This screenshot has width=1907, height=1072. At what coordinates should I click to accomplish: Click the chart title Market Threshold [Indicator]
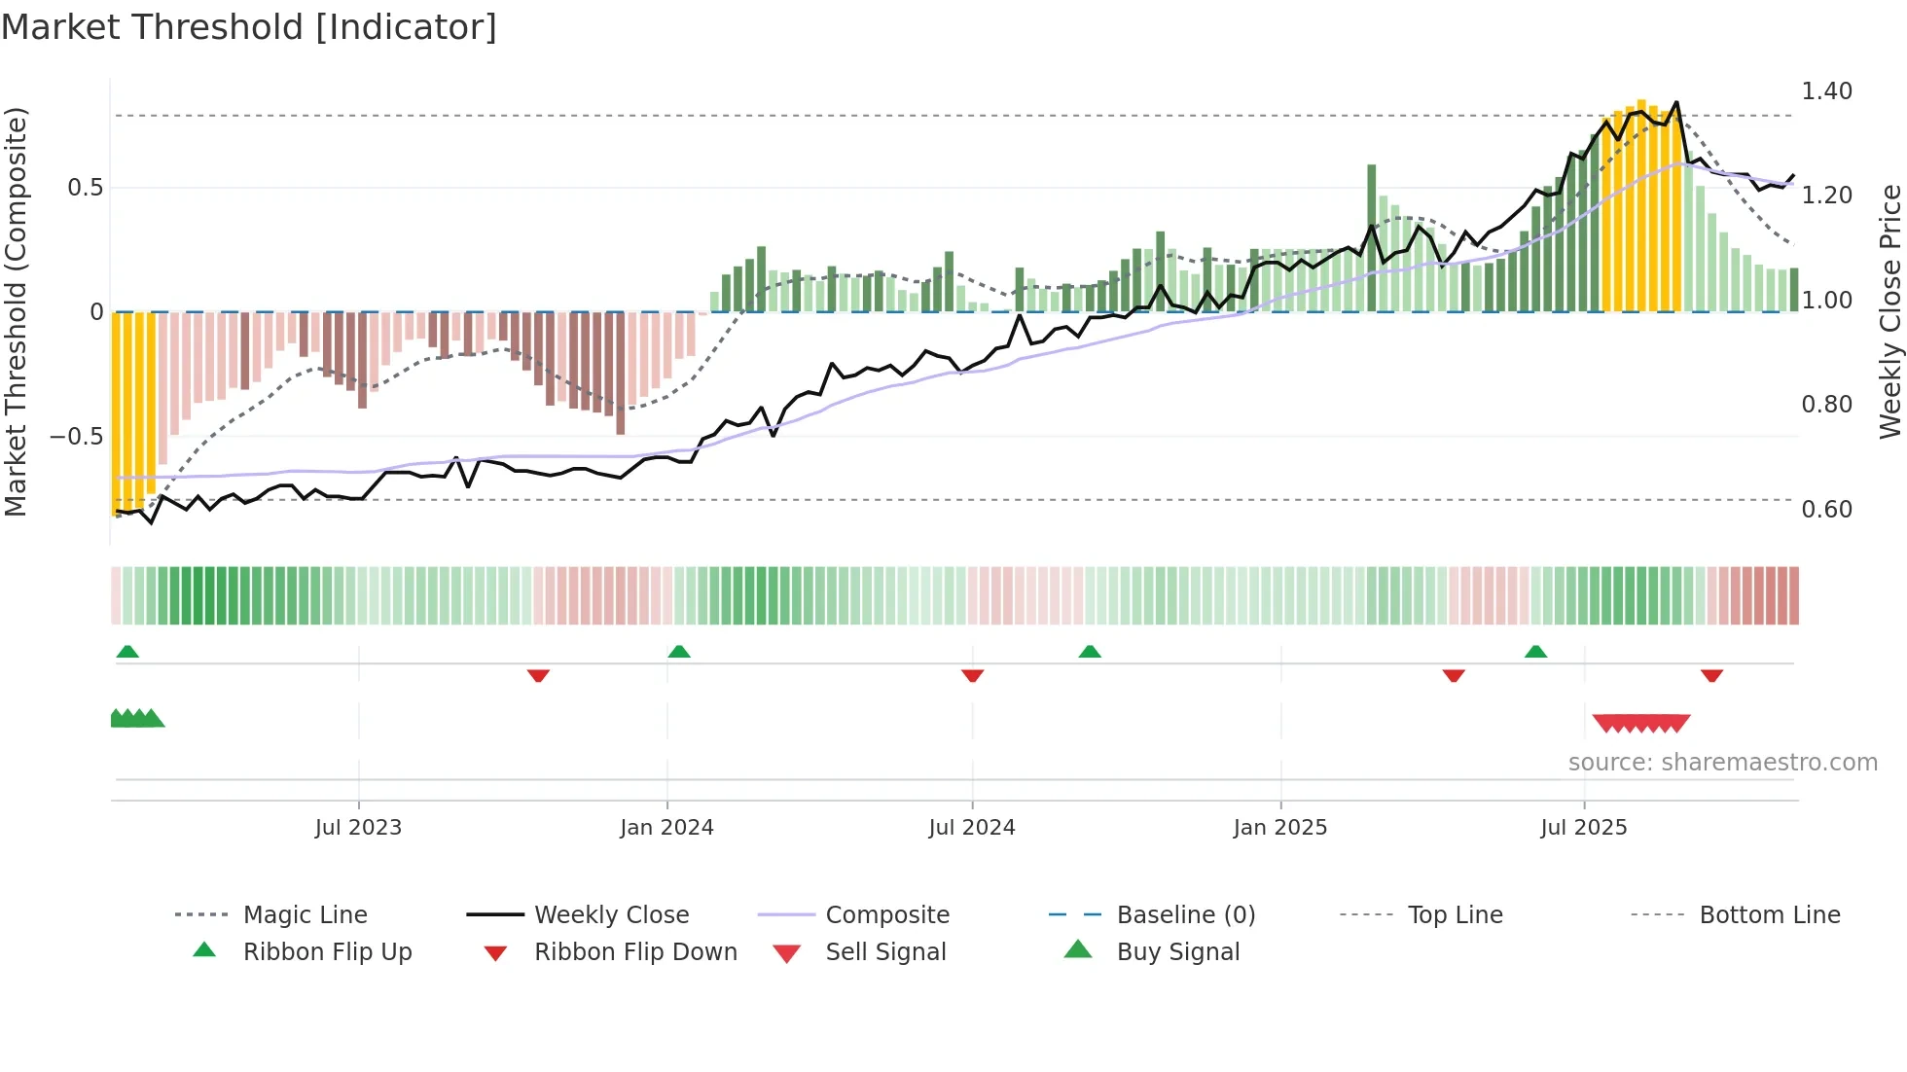[x=249, y=27]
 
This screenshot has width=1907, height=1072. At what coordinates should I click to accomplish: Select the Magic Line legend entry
[x=305, y=914]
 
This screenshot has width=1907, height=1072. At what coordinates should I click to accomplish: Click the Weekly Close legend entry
[x=611, y=914]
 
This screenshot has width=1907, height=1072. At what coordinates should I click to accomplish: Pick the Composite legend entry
[x=887, y=914]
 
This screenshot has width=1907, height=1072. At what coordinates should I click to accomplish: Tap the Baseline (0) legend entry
[x=1185, y=914]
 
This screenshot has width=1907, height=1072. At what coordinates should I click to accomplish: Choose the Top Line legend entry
[x=1455, y=914]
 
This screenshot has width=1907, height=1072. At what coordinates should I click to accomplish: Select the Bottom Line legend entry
[x=1769, y=914]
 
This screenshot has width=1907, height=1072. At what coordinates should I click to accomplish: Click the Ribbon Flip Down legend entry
[x=635, y=951]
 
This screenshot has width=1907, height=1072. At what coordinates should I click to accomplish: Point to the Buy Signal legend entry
[x=1177, y=951]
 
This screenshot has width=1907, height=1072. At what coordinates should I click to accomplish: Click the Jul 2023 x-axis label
[x=358, y=828]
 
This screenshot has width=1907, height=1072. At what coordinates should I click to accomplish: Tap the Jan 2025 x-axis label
[x=1279, y=828]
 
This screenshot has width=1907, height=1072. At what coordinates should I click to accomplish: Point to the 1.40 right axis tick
[x=1826, y=91]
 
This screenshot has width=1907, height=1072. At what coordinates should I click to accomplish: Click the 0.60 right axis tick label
[x=1826, y=510]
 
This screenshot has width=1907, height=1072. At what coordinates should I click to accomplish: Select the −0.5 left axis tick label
[x=76, y=437]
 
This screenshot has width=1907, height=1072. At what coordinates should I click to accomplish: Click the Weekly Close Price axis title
[x=1889, y=311]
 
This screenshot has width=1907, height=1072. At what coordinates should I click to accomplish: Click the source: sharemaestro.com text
[x=1722, y=763]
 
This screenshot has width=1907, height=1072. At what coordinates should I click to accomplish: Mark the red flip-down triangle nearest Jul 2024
[x=972, y=675]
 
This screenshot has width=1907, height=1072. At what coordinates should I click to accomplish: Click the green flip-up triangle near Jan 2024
[x=679, y=651]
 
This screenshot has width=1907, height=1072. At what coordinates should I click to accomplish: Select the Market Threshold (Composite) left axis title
[x=16, y=311]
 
